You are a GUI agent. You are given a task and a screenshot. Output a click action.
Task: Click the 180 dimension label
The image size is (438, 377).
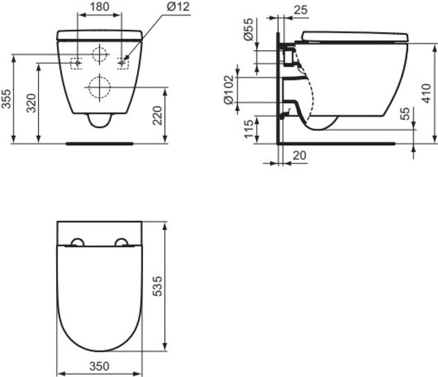click(x=99, y=7)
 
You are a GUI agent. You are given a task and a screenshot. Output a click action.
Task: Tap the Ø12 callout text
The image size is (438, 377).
click(x=178, y=7)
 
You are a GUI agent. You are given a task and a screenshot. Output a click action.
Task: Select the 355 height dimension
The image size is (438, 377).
click(x=6, y=99)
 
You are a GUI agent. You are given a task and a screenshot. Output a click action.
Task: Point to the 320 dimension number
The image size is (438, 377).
click(x=31, y=103)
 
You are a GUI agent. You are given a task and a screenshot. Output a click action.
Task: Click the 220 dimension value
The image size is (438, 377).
click(x=157, y=115)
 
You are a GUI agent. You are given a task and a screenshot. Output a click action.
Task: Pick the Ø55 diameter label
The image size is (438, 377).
click(x=248, y=29)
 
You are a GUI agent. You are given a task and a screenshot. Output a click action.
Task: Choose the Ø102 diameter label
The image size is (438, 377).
click(x=229, y=89)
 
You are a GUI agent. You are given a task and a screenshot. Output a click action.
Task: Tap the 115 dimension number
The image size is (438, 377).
click(x=249, y=129)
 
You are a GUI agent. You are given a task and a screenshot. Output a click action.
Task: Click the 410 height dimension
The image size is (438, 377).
click(x=426, y=94)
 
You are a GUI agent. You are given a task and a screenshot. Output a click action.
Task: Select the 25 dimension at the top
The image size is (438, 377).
click(x=301, y=10)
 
